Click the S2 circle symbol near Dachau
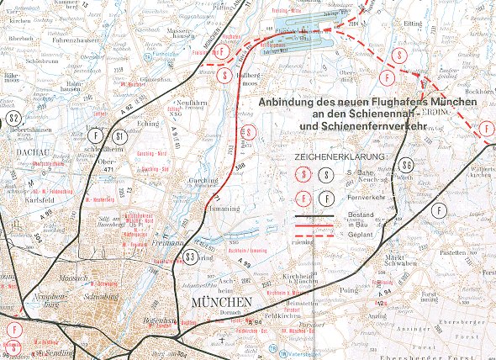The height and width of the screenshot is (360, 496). pyautogui.click(x=13, y=119)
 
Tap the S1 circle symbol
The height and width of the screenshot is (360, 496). pyautogui.click(x=120, y=135)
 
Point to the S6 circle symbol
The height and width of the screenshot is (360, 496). pyautogui.click(x=406, y=165)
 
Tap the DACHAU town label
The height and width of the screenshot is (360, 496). pyautogui.click(x=30, y=151)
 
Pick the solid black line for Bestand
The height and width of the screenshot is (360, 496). pyautogui.click(x=309, y=216)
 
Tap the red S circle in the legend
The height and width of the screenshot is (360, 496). pyautogui.click(x=303, y=176)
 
